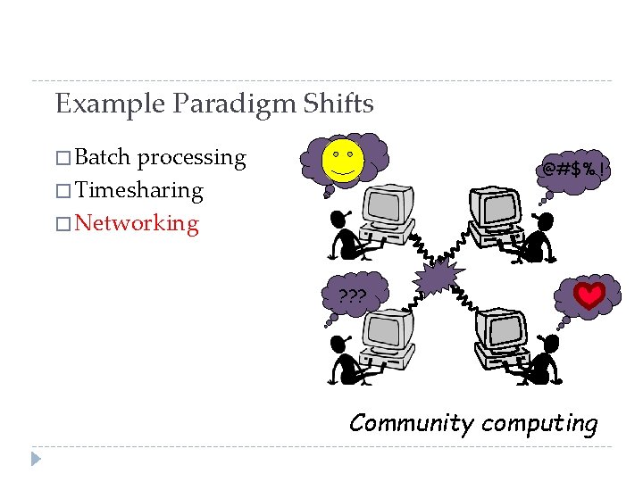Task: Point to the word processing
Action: pos(191,159)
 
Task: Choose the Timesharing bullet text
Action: pos(139,191)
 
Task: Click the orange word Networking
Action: pos(138,223)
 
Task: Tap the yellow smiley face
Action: pos(343,160)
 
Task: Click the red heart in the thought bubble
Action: pos(589,295)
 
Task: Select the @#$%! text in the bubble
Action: pos(576,169)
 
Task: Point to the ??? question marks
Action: pos(352,295)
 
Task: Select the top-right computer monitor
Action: pos(496,204)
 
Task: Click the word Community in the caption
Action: pos(410,423)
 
